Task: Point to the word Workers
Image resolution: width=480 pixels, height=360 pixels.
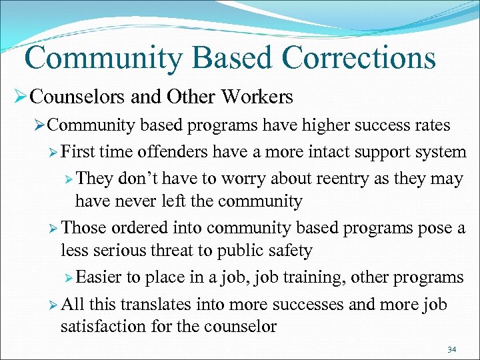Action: pyautogui.click(x=257, y=97)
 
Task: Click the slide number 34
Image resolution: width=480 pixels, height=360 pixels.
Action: pyautogui.click(x=452, y=349)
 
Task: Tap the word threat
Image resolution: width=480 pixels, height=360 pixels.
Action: pyautogui.click(x=190, y=251)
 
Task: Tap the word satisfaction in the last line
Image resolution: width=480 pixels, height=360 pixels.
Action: pyautogui.click(x=103, y=326)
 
